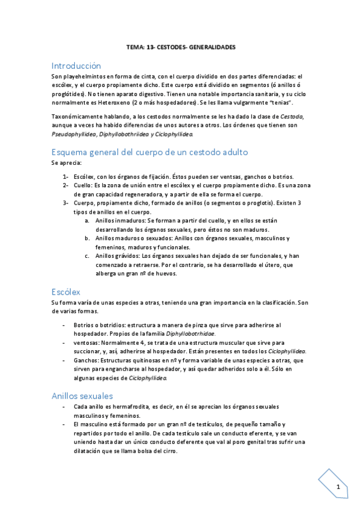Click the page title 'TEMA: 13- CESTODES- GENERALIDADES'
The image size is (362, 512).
(181, 46)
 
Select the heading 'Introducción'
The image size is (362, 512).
(76, 66)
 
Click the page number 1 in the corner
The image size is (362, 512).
(338, 487)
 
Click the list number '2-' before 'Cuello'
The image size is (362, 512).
(66, 185)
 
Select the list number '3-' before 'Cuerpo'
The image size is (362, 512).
(66, 203)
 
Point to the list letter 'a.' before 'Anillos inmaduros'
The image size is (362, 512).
(88, 221)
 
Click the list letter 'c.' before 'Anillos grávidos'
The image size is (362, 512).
(88, 256)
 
